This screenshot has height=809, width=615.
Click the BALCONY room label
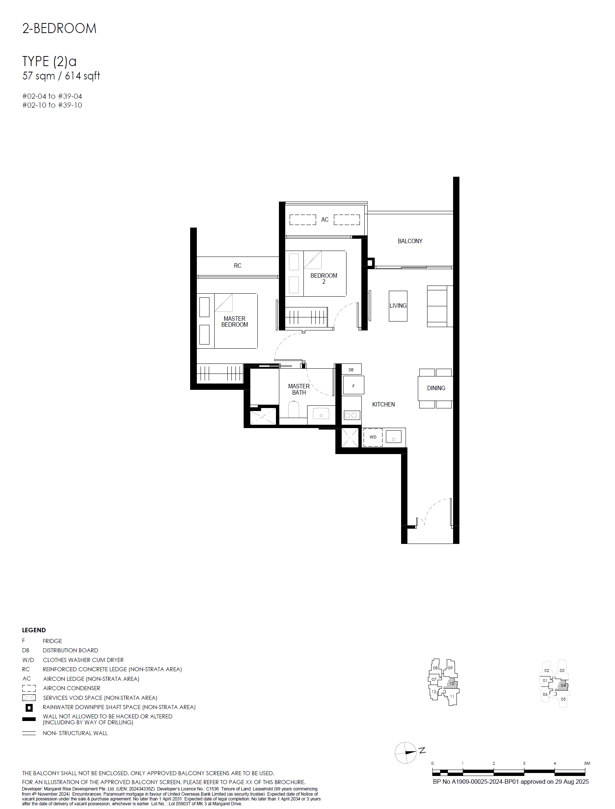click(x=410, y=241)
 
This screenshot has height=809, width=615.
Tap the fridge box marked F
click(x=353, y=385)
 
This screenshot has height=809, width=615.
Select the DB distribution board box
click(x=351, y=369)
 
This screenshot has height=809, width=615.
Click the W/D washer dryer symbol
click(x=373, y=437)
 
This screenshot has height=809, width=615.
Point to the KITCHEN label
click(x=384, y=404)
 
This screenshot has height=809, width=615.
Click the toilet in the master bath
click(x=294, y=409)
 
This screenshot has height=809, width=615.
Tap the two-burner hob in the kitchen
click(x=351, y=415)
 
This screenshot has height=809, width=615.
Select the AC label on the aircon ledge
click(x=325, y=219)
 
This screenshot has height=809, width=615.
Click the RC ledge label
click(x=238, y=265)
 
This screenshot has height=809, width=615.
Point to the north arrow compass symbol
click(x=406, y=753)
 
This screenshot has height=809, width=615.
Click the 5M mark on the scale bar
click(x=587, y=763)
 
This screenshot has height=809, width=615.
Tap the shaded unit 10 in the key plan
click(x=451, y=684)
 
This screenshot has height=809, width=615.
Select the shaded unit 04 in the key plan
click(x=562, y=685)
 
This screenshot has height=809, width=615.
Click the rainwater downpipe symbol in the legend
click(x=29, y=708)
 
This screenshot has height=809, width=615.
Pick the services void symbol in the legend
click(x=29, y=698)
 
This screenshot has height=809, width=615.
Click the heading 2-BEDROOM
click(x=59, y=29)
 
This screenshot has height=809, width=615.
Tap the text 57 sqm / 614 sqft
click(x=61, y=76)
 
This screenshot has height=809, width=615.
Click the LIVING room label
click(x=398, y=306)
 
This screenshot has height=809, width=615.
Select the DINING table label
click(x=436, y=388)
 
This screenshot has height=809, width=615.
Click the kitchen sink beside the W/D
click(x=394, y=437)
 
